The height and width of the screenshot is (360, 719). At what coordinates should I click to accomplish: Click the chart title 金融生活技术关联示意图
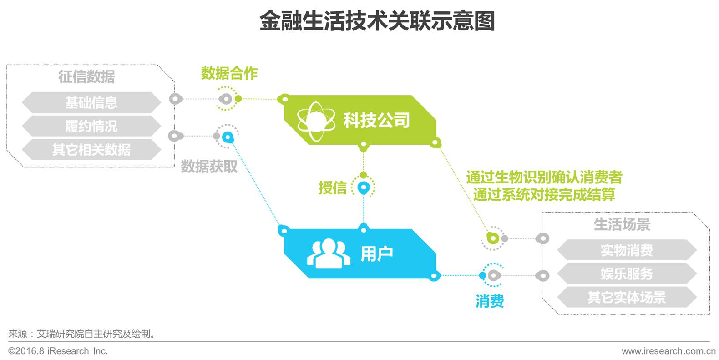[x=377, y=21]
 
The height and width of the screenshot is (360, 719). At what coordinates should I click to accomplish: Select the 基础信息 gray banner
[x=91, y=102]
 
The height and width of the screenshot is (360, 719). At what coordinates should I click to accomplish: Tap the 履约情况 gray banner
[x=91, y=126]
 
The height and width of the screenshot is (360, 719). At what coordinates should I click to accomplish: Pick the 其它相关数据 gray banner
[x=91, y=149]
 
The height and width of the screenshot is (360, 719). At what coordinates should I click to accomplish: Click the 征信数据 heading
[x=86, y=76]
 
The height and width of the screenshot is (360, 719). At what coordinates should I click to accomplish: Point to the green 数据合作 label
[x=229, y=73]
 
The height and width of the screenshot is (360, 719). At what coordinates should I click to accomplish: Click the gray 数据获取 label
[x=209, y=166]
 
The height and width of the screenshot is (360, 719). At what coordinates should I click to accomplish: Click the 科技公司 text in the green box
[x=377, y=120]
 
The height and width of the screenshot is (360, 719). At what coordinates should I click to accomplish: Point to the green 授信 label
[x=333, y=188]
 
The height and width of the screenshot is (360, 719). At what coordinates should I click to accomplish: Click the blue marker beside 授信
[x=363, y=187]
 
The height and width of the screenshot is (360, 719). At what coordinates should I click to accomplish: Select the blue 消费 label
[x=490, y=301]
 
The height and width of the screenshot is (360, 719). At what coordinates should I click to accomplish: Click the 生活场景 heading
[x=622, y=224]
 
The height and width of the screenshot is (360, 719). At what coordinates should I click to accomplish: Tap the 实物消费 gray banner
[x=627, y=250]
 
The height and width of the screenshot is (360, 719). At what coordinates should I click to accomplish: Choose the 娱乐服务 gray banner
[x=627, y=274]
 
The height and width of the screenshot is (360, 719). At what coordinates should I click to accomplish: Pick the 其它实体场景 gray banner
[x=627, y=297]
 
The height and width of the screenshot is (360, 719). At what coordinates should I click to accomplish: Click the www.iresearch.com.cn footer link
[x=668, y=351]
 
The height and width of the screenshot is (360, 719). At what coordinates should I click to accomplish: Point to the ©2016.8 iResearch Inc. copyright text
[x=58, y=351]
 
